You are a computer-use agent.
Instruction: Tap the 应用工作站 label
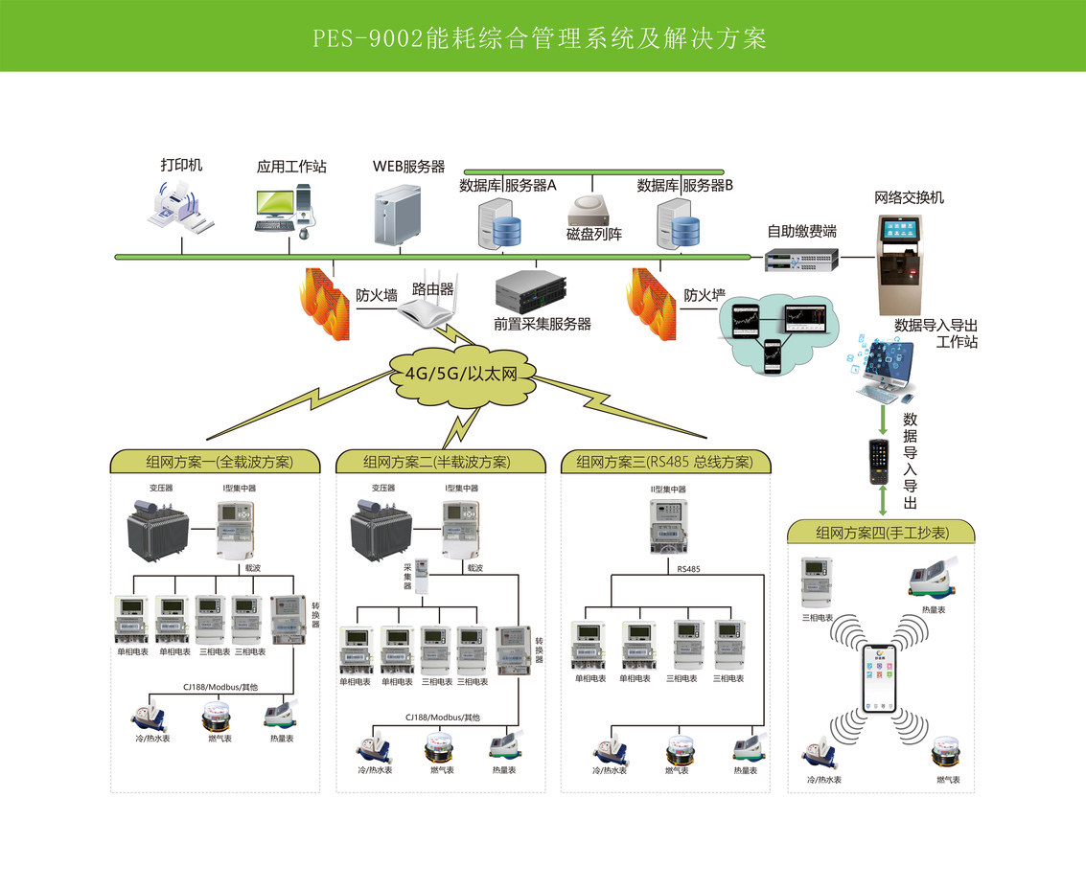tap(291, 167)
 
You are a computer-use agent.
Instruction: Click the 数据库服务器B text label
tap(684, 186)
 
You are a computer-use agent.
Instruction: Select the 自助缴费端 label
tap(801, 232)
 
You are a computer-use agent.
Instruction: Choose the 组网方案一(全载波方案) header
tap(215, 462)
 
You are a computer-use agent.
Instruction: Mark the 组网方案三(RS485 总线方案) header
tap(664, 462)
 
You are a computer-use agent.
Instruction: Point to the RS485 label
tap(688, 569)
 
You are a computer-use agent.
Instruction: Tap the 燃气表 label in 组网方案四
tap(948, 780)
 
